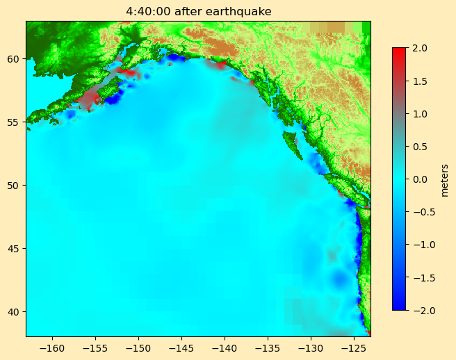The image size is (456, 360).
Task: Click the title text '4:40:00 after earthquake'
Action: [198, 11]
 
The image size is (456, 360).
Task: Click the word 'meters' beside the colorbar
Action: [444, 179]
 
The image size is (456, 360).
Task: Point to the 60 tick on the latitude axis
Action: [15, 59]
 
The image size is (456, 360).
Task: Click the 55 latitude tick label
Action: [15, 122]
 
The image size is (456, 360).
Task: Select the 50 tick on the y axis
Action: [15, 185]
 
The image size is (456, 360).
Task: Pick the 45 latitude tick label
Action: [15, 248]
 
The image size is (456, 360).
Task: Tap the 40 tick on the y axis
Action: [15, 311]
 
